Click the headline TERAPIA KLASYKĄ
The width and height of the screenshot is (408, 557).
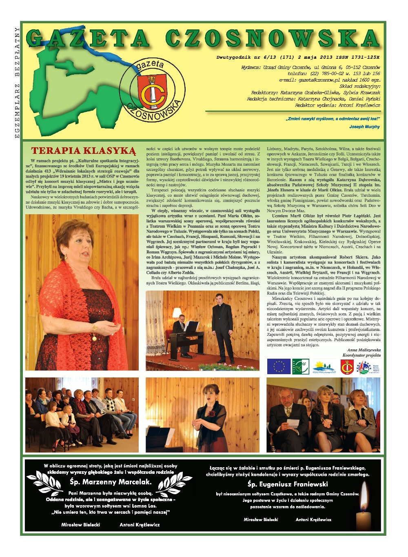tap(83, 151)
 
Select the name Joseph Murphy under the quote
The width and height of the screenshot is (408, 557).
tap(364, 126)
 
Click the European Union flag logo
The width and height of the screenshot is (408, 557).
tap(279, 366)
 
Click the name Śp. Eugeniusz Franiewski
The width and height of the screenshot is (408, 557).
tap(287, 484)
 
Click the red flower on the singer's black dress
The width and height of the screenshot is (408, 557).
tap(212, 413)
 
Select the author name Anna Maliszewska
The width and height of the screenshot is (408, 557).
tap(364, 350)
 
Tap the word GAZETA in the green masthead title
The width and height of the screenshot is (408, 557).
tap(88, 39)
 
